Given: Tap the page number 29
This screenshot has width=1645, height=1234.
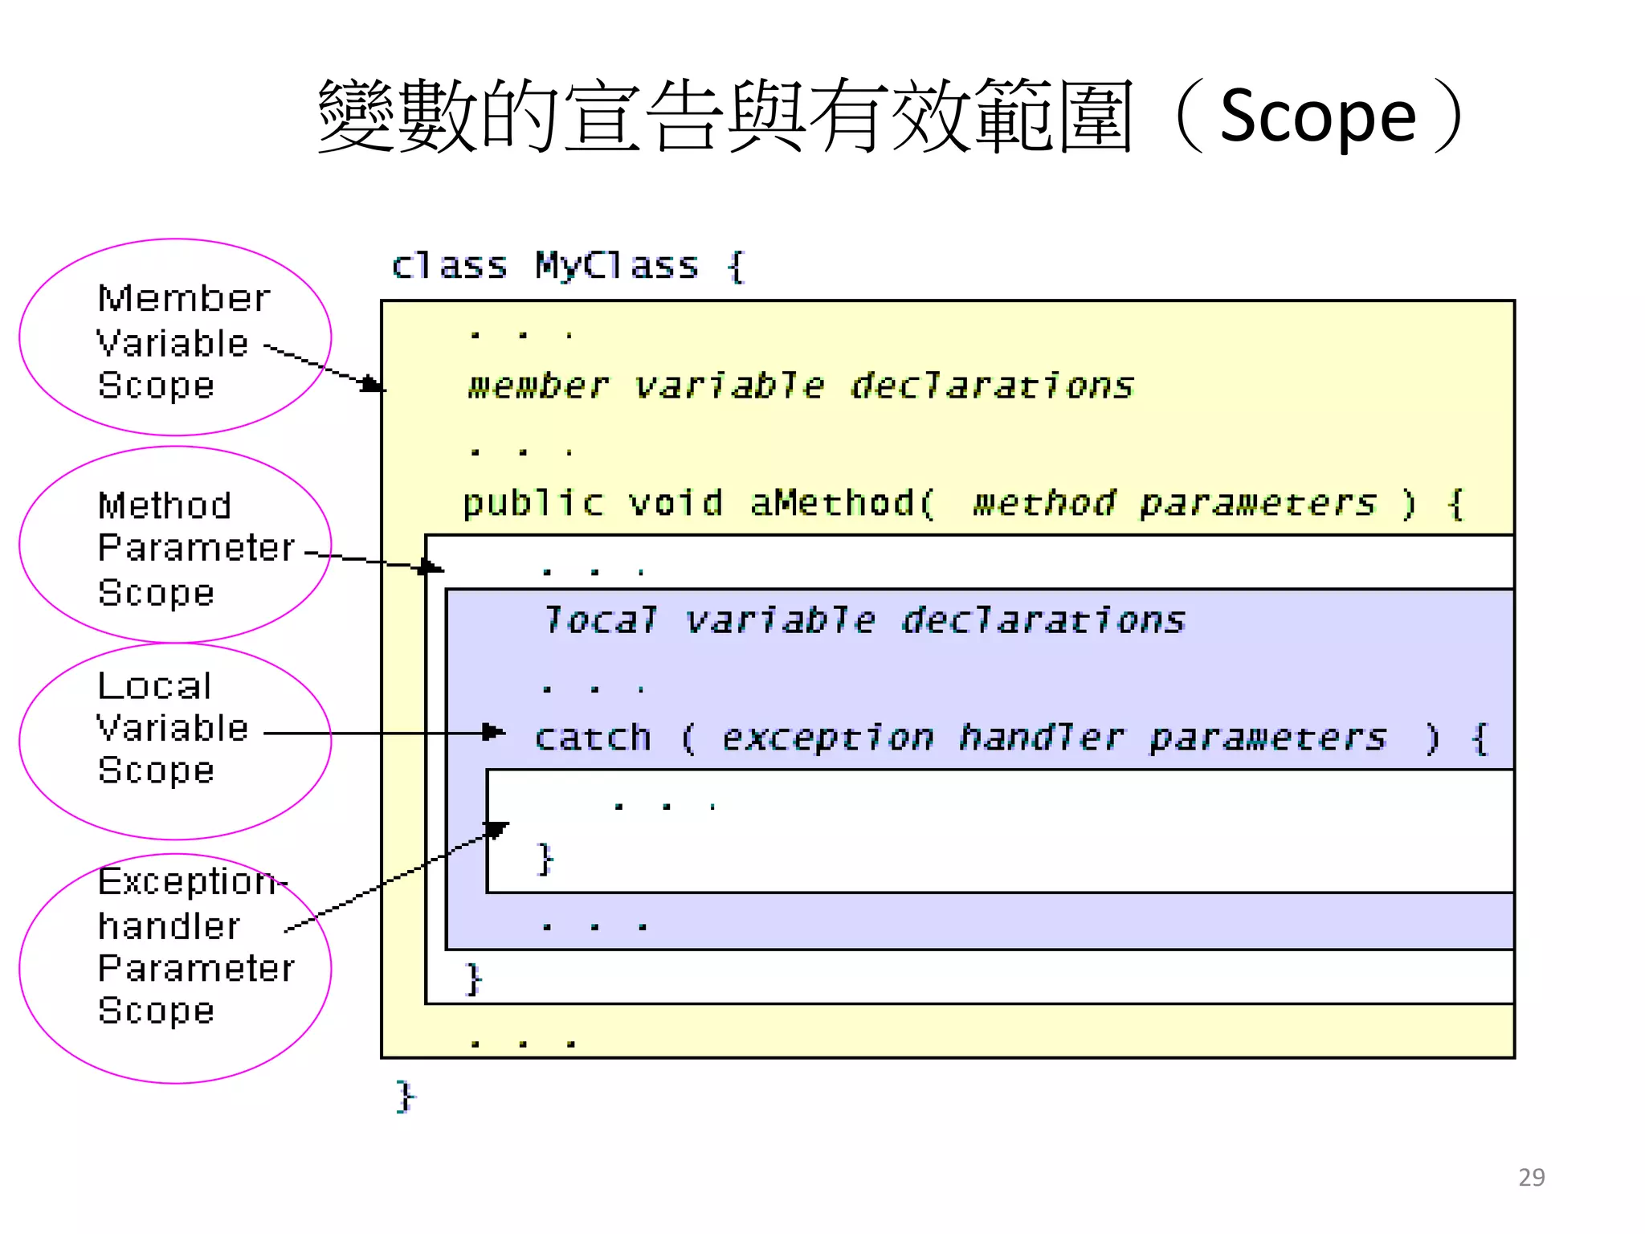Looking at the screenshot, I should [1531, 1177].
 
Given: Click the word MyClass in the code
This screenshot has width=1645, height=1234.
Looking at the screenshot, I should [617, 266].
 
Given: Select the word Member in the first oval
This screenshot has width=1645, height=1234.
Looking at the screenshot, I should [184, 299].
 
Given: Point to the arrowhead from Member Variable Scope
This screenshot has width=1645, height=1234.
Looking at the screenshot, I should [372, 384].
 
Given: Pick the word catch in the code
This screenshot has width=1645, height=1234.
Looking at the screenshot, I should [593, 738].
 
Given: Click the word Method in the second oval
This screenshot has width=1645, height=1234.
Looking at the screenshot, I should [165, 506].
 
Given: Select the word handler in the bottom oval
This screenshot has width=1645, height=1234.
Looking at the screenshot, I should [169, 926].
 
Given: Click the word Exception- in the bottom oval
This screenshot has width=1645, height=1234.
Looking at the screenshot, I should [191, 882].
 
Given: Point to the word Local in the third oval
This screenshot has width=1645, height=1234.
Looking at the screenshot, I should [154, 687].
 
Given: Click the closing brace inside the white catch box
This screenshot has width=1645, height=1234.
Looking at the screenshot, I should [545, 859].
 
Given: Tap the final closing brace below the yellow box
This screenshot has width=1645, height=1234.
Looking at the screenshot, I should [405, 1097].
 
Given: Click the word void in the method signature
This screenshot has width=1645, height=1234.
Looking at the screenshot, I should [675, 504].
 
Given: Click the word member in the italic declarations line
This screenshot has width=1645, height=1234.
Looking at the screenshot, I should [537, 386].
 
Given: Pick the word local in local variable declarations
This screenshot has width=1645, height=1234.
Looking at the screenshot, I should [600, 620].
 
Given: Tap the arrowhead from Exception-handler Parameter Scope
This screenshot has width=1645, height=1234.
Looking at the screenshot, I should [498, 829].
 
